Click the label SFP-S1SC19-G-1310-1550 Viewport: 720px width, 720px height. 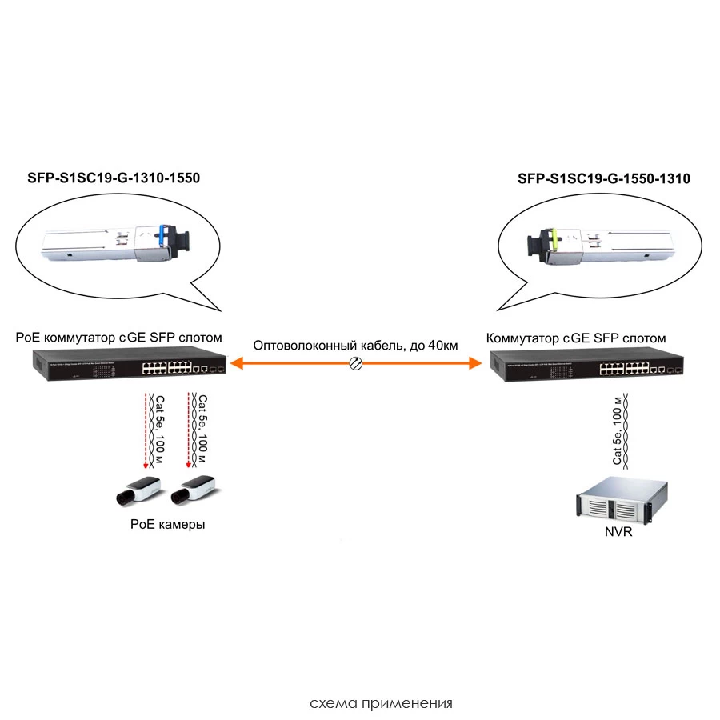click(114, 178)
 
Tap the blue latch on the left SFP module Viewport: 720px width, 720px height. click(162, 235)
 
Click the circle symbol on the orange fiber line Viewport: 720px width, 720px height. click(358, 364)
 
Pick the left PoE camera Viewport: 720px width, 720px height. click(138, 490)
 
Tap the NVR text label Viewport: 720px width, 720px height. click(617, 531)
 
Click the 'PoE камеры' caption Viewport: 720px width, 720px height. click(167, 525)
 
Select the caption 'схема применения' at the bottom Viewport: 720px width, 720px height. click(381, 704)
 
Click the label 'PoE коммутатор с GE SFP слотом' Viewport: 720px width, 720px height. click(118, 338)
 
